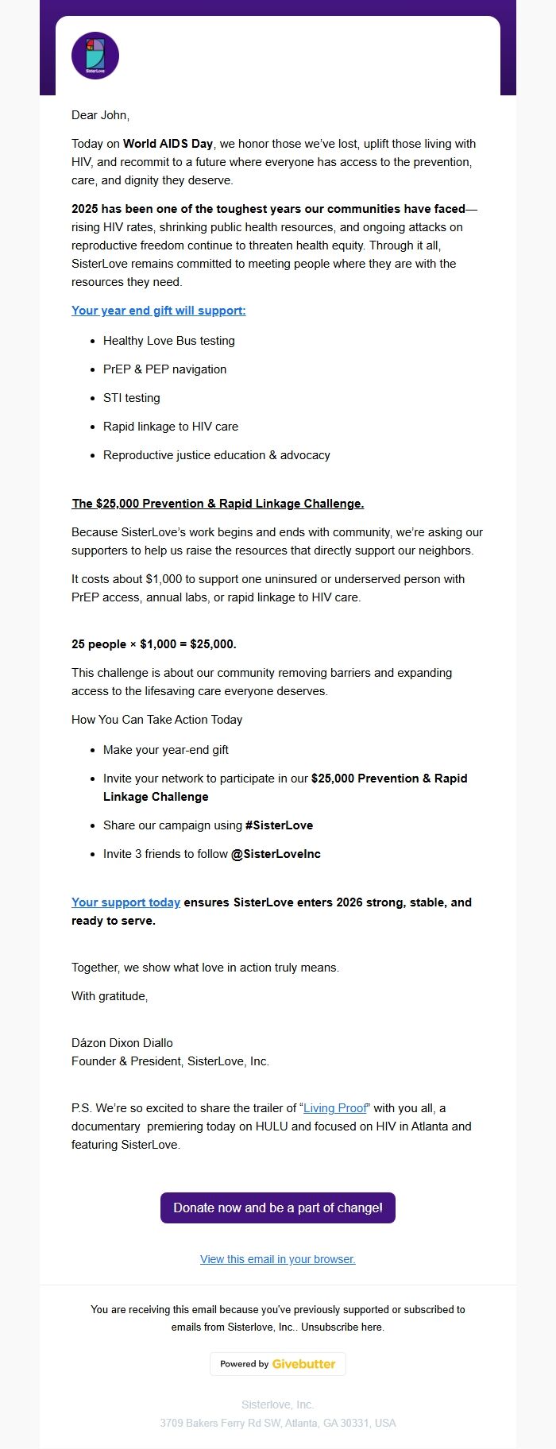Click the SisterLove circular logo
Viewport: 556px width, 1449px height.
(95, 56)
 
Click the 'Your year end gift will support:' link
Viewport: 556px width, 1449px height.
(158, 311)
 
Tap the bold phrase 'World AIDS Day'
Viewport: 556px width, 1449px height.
(168, 144)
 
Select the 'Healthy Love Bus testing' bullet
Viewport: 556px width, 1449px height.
(168, 341)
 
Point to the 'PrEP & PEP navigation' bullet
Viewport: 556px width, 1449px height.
(164, 369)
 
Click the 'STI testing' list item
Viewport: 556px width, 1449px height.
(131, 398)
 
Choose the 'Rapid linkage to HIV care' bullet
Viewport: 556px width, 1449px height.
(170, 427)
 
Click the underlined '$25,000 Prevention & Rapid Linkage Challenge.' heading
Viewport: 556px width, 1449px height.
(218, 504)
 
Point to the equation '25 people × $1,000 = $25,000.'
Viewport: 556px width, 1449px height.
(154, 644)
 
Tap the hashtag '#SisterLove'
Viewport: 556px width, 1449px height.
(279, 825)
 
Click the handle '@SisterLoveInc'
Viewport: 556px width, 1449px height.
(276, 854)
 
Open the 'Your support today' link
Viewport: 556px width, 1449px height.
(125, 902)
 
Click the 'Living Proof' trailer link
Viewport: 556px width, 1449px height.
(335, 1108)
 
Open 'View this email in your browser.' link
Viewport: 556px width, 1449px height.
(277, 1259)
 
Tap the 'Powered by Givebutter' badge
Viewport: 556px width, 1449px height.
(277, 1364)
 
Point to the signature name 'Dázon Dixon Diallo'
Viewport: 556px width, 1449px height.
(122, 1043)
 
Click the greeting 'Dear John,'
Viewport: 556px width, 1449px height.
(100, 115)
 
